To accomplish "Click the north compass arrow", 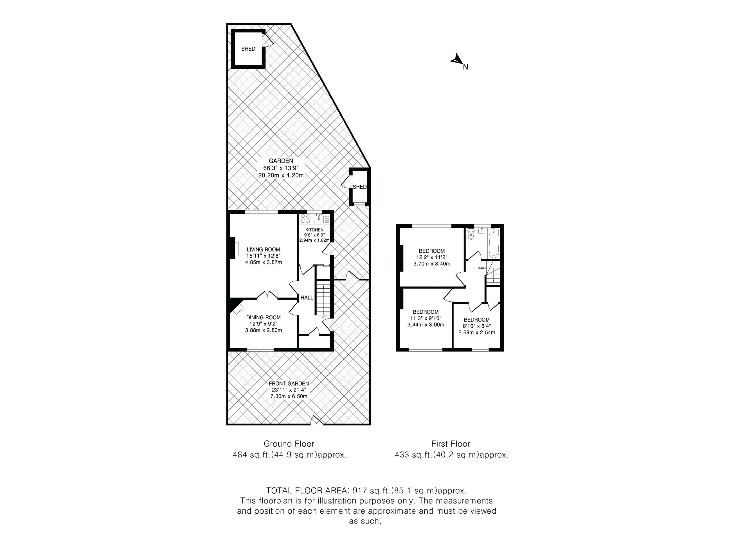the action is point(456,59).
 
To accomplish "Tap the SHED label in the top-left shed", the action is point(248,49).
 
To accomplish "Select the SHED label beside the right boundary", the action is point(359,187).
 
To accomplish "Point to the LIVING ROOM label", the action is point(263,250).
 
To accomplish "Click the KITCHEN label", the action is point(314,230).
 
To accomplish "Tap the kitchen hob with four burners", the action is point(306,219).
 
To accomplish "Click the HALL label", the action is point(307,298).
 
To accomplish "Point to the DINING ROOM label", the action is point(263,318).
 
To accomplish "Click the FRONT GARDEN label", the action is point(289,384).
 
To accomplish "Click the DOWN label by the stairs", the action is point(482,268).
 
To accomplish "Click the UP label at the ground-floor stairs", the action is point(323,317).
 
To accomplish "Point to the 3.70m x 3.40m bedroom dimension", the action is point(432,264).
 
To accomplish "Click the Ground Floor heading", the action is point(289,444).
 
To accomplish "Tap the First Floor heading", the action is point(451,444).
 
